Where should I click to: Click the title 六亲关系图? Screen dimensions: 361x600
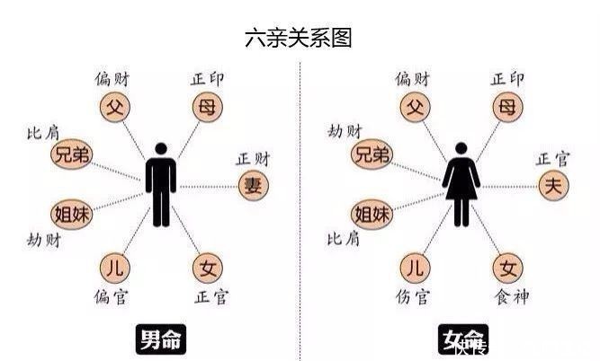298,39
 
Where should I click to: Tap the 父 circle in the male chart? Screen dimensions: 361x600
113,109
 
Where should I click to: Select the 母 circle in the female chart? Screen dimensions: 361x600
506,109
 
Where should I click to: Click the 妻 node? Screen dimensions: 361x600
253,186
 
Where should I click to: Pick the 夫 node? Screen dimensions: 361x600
551,186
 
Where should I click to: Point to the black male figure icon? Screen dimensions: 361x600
162,183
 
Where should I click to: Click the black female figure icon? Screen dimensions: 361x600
461,183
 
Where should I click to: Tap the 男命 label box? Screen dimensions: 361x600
161,340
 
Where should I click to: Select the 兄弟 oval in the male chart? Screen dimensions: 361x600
73,154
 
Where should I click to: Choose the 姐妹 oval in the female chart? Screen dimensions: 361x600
372,214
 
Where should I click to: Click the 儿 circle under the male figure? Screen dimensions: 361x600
113,267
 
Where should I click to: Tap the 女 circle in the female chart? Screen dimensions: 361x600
506,267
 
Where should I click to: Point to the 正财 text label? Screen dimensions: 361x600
253,159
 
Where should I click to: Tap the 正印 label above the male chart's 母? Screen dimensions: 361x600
208,79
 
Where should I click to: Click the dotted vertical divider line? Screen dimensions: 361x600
300,207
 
